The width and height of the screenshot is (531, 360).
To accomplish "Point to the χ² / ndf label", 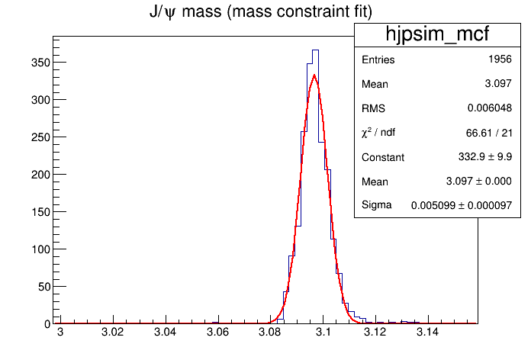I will (x=378, y=133).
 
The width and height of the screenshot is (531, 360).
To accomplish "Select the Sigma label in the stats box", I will (x=376, y=205).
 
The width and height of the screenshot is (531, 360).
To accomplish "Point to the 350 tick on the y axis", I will (x=38, y=62).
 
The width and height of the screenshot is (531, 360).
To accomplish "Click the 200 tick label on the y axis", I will (x=38, y=174).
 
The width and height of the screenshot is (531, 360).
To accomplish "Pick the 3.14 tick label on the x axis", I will (x=427, y=333).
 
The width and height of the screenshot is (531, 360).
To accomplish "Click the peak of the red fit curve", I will (x=314, y=75).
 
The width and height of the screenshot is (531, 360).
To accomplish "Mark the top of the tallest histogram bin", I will (x=315, y=50).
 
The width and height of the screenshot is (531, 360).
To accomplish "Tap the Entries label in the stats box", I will (x=378, y=59).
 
